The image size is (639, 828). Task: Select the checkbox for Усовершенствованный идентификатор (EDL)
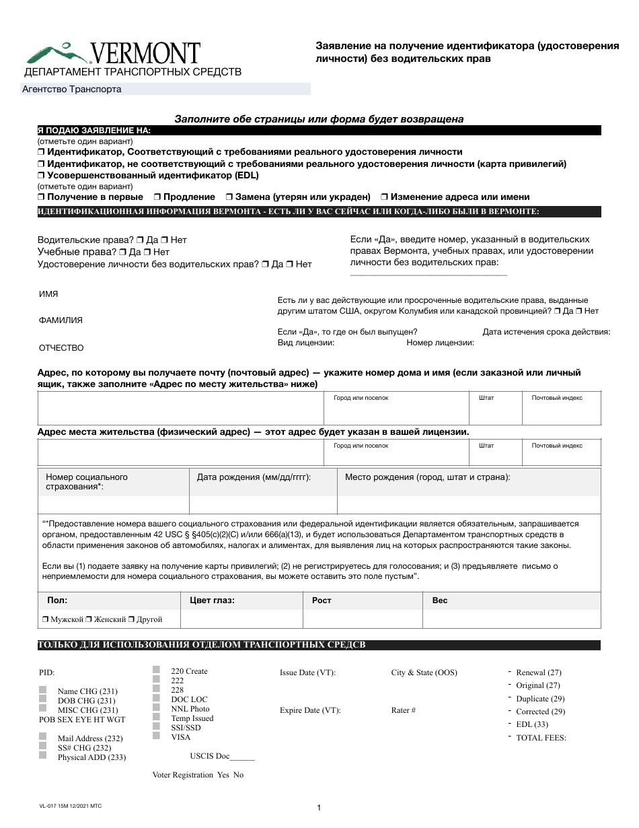[x=41, y=175]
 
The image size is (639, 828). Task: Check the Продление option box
[x=156, y=197]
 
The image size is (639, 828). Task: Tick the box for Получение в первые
[x=41, y=197]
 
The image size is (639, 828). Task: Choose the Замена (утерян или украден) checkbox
[x=229, y=197]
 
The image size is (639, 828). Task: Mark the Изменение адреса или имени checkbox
[x=383, y=197]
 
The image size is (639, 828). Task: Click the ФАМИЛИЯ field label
[x=61, y=320]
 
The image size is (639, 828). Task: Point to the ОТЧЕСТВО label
[x=61, y=348]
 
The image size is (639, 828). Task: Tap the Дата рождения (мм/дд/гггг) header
[x=254, y=477]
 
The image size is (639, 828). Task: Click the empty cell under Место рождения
[x=468, y=505]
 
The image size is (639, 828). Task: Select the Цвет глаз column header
[x=213, y=600]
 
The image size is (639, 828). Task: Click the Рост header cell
[x=322, y=600]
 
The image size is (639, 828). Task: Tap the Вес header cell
[x=439, y=600]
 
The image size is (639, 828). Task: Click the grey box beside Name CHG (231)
[x=43, y=691]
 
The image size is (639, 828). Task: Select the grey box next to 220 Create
[x=156, y=670]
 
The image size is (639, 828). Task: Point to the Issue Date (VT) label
[x=307, y=672]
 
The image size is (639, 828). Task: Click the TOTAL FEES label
[x=541, y=738]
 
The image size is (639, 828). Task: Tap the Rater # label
[x=404, y=710]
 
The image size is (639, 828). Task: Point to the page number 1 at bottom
[x=319, y=808]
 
